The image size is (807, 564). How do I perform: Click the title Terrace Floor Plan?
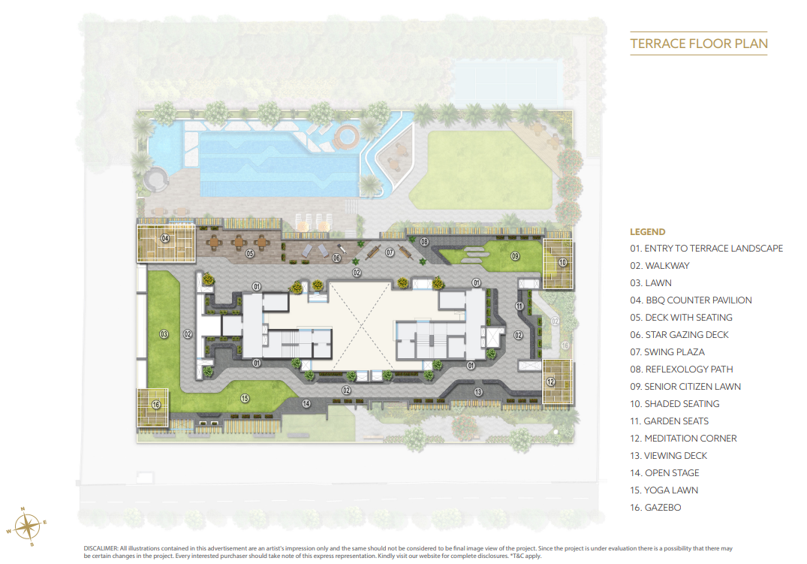click(699, 44)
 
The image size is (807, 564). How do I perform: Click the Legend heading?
click(647, 232)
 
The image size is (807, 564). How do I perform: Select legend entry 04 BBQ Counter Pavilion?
click(691, 300)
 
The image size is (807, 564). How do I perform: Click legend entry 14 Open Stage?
click(664, 473)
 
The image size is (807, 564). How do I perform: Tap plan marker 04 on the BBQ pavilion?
click(164, 239)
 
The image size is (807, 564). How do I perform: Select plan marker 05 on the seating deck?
click(249, 254)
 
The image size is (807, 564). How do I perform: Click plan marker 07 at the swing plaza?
click(390, 252)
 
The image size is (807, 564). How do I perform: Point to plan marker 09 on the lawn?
click(515, 256)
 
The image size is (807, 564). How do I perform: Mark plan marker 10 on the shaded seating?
click(562, 262)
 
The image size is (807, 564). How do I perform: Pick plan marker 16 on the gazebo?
click(156, 404)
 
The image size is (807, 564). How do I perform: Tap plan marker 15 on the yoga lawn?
click(245, 397)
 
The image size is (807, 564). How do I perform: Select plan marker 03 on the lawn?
click(163, 334)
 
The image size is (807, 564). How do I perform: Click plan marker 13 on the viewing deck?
click(478, 392)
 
